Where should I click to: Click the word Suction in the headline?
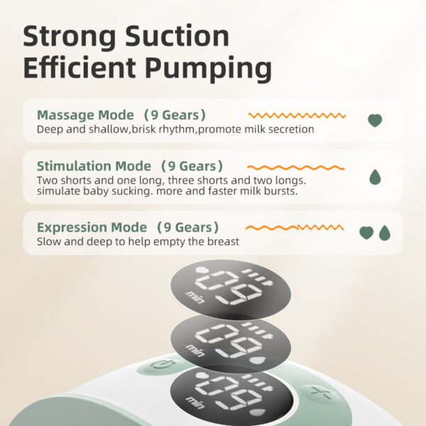coord(177,37)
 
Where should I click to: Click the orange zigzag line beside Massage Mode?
coord(297,116)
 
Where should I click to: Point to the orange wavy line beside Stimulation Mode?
coord(296,168)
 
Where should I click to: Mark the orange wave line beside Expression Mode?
coord(295,227)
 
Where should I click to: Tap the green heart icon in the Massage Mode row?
coord(375,121)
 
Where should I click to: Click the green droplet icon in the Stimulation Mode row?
coord(375,177)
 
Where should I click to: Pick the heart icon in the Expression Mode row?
coord(366,233)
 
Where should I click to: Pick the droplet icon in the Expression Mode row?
coord(385,233)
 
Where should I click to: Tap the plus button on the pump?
coord(321,393)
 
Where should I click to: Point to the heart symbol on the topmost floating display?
coord(202,271)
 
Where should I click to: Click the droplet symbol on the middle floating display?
coord(258,361)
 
